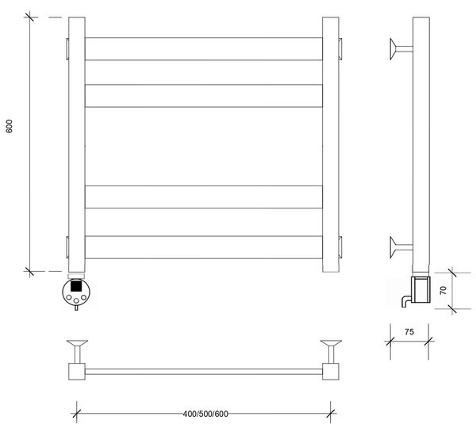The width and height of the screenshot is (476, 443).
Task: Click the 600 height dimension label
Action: pos(9,126)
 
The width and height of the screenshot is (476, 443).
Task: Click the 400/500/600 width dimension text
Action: pos(205,414)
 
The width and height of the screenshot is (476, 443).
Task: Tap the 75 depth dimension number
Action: pos(409,332)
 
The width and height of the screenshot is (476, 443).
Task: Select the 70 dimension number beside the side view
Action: pos(443,290)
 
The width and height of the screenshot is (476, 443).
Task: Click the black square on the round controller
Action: pos(76,286)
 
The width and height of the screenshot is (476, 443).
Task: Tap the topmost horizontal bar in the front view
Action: pos(204,49)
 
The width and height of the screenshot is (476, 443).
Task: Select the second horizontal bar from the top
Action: pos(204,96)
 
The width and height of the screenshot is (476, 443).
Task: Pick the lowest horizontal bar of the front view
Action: pos(204,247)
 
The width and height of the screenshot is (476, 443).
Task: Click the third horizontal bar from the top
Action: pos(204,197)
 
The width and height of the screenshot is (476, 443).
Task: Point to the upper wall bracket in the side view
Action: pos(401,49)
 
